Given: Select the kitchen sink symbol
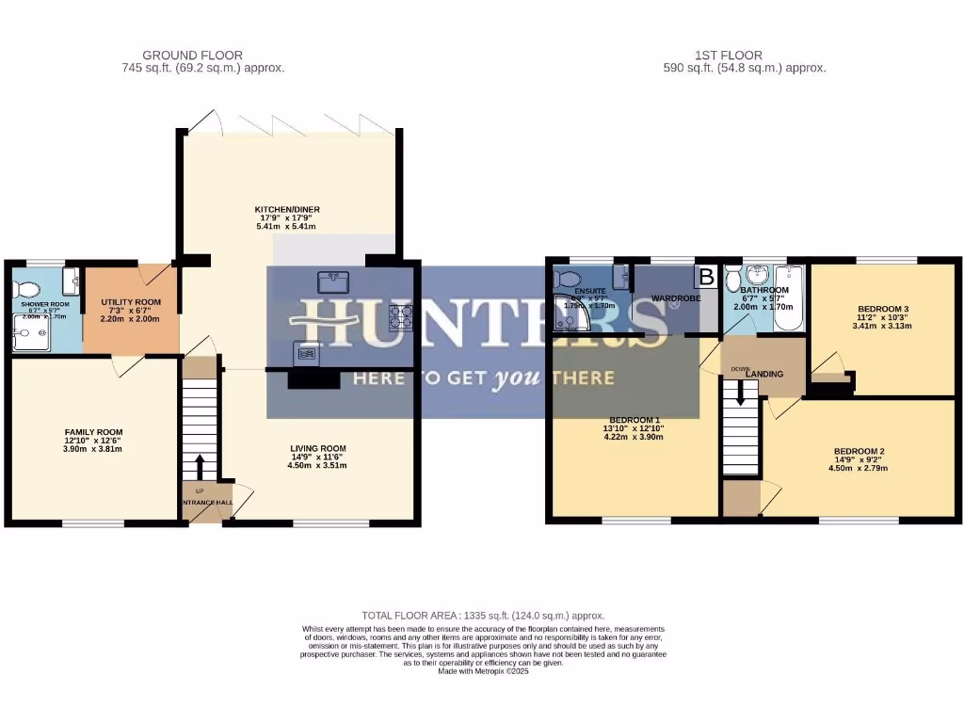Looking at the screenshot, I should (x=333, y=282).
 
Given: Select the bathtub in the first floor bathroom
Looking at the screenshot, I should (x=788, y=298).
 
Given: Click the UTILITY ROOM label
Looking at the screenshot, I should (x=131, y=302).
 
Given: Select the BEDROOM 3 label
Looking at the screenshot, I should (x=883, y=309).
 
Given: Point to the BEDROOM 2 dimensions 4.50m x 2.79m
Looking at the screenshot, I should (x=856, y=468).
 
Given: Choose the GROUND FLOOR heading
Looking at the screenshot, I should (x=192, y=56).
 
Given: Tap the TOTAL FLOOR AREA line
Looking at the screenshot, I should (x=483, y=615).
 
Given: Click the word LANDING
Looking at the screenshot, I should (x=764, y=374).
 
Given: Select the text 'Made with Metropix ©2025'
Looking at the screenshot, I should (x=483, y=670).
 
